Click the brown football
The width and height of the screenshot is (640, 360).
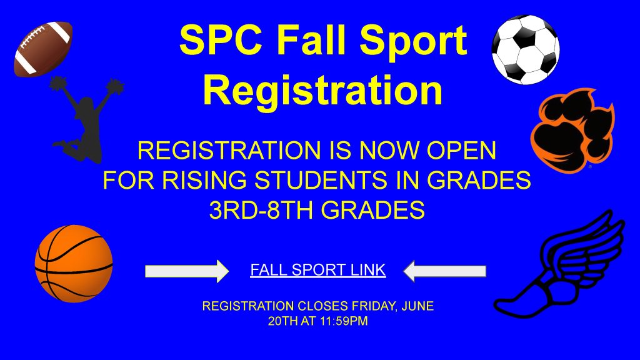click(43, 49)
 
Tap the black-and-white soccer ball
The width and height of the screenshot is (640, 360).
click(525, 49)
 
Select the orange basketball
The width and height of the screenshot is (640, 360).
click(74, 263)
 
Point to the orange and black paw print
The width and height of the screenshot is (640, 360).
click(572, 130)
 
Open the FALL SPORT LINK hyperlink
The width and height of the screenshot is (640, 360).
click(318, 270)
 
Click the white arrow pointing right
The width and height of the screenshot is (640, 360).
click(187, 271)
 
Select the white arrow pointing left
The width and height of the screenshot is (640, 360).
click(444, 271)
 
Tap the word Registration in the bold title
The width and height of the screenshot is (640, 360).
click(323, 91)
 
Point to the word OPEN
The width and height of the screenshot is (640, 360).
click(461, 150)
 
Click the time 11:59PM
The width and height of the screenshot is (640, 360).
click(344, 321)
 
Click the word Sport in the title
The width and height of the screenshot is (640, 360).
click(413, 41)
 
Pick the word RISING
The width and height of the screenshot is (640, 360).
click(204, 180)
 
